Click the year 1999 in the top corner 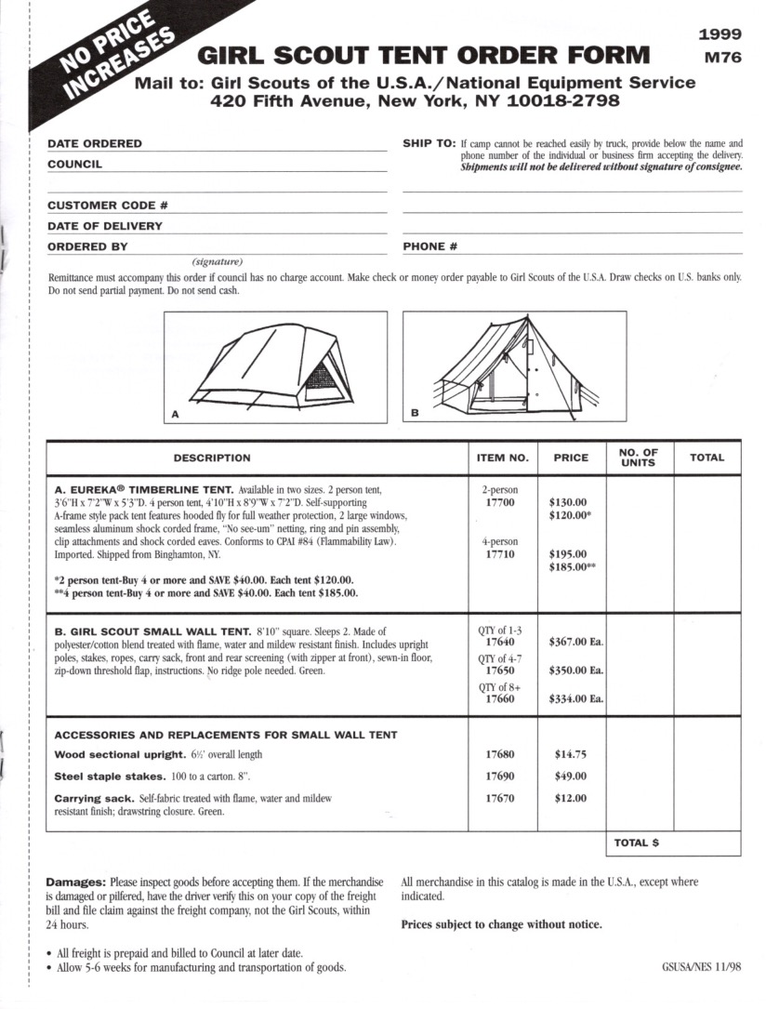pyautogui.click(x=720, y=34)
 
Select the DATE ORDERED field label pyautogui.click(x=95, y=144)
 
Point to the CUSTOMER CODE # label pyautogui.click(x=108, y=206)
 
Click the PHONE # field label pyautogui.click(x=430, y=247)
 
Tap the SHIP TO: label pyautogui.click(x=429, y=144)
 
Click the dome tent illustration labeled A pyautogui.click(x=275, y=366)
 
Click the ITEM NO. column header pyautogui.click(x=502, y=458)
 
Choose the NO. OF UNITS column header pyautogui.click(x=639, y=458)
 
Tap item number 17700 pyautogui.click(x=500, y=502)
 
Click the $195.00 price pyautogui.click(x=568, y=553)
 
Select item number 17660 pyautogui.click(x=500, y=699)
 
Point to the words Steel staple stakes pyautogui.click(x=100, y=776)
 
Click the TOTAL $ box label pyautogui.click(x=637, y=843)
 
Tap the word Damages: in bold pyautogui.click(x=76, y=881)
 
